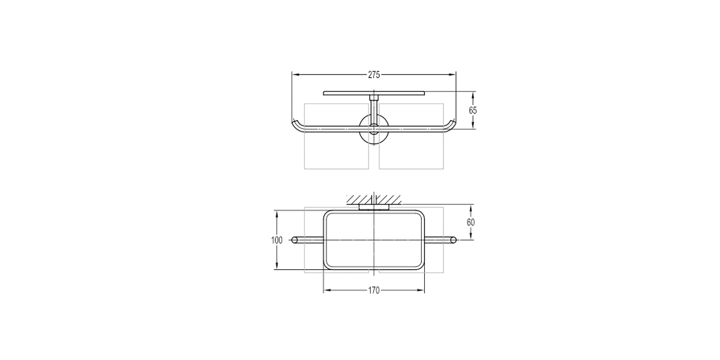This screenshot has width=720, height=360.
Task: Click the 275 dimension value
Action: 374,75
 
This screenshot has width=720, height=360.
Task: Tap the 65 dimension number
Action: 473,110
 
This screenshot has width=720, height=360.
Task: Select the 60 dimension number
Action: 470,222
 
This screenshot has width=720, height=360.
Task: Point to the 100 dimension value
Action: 277,240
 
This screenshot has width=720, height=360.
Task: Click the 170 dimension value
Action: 374,290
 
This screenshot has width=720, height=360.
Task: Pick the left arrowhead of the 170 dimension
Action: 327,290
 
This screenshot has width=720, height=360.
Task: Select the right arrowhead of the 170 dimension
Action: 421,290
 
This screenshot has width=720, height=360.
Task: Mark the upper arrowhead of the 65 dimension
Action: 473,96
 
